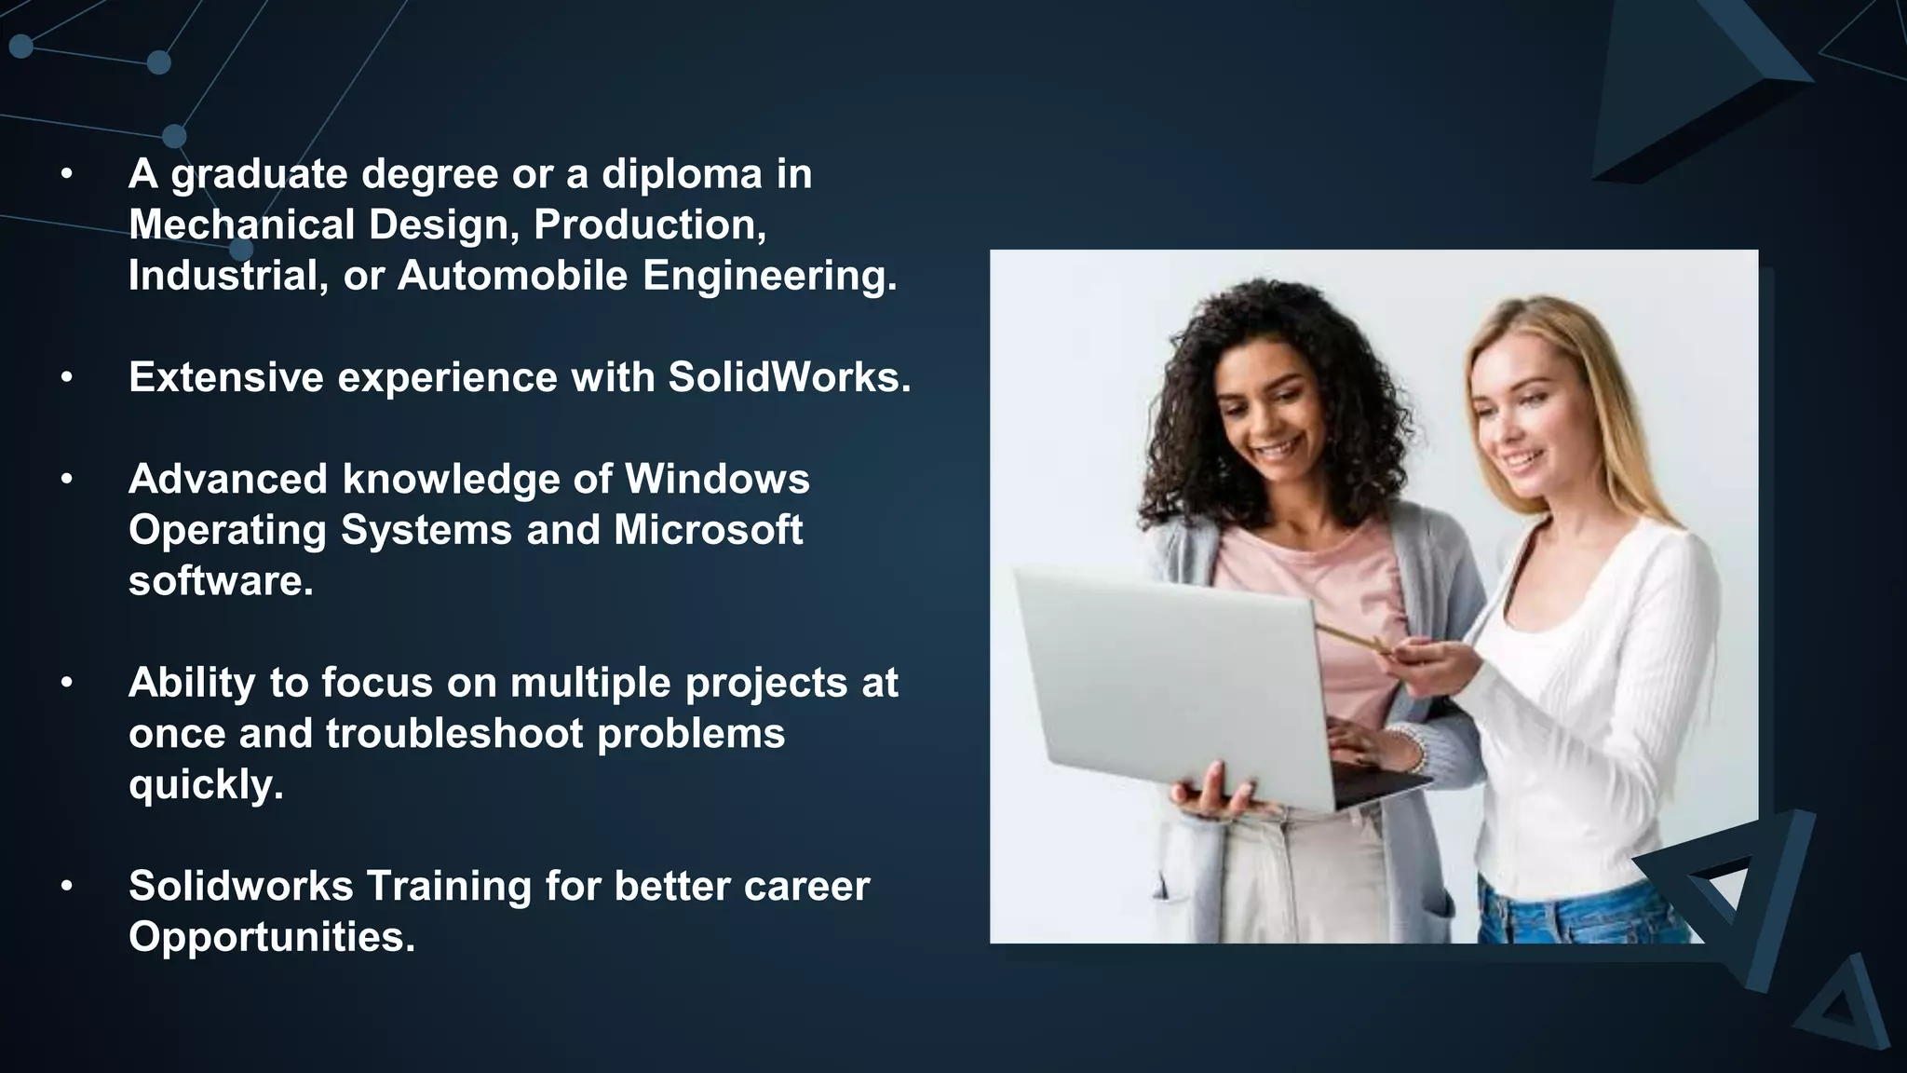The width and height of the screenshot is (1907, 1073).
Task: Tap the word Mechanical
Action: pos(241,224)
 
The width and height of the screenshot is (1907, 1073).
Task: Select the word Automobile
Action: pos(512,276)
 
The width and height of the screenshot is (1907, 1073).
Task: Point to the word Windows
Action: pos(716,479)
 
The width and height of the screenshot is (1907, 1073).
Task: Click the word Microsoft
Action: pos(707,530)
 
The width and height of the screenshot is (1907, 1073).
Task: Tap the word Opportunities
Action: pos(271,937)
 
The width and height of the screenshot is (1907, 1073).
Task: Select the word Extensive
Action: pos(225,377)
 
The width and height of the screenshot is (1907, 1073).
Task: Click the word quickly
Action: pos(205,784)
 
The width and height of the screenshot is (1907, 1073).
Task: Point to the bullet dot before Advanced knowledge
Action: pos(66,480)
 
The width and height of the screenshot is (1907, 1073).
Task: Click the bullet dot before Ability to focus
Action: pos(66,683)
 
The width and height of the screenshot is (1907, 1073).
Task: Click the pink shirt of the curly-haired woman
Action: pos(1322,605)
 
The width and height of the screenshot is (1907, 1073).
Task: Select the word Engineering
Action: pos(769,276)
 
